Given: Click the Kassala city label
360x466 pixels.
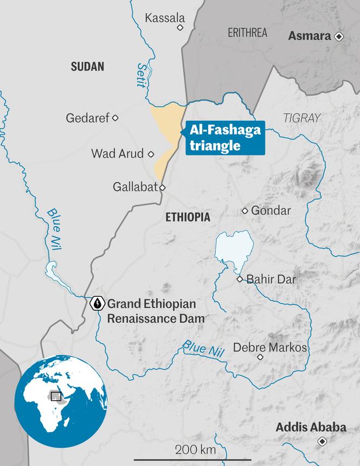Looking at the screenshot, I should [x=165, y=18].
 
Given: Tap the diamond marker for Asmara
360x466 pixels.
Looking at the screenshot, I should [x=339, y=36].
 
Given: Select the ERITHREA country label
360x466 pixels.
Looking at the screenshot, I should [x=247, y=33].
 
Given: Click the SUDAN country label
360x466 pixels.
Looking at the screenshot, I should [x=87, y=67].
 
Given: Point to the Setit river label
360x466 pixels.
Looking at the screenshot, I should [x=141, y=75].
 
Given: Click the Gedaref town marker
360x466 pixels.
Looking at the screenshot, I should [x=115, y=118].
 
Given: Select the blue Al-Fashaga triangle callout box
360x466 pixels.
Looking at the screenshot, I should [x=224, y=138].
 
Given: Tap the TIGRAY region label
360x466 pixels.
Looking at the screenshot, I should [x=301, y=118].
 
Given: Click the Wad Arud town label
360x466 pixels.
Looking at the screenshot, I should [x=117, y=154].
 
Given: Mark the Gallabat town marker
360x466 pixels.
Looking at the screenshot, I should [x=162, y=188].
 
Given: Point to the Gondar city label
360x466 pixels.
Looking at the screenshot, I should [x=271, y=210].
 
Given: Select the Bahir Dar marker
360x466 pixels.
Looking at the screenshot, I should [x=240, y=279].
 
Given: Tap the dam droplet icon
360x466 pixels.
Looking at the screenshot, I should [x=97, y=303].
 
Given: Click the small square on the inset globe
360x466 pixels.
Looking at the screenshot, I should [x=55, y=395].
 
